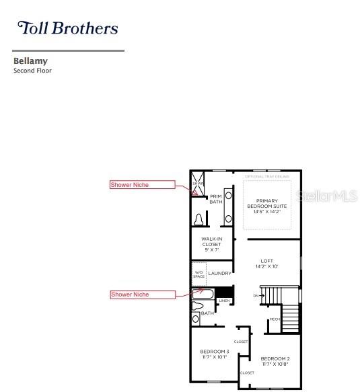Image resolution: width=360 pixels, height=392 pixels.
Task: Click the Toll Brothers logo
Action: coord(67,28)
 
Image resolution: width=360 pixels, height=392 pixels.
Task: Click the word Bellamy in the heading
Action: coord(30,61)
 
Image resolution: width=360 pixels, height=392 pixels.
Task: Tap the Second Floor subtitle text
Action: coord(32,71)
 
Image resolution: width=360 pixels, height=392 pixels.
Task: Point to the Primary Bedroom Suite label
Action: coord(267,206)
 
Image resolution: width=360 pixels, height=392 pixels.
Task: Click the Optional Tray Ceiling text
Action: coord(267,177)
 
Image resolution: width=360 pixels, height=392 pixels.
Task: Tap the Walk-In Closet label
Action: coord(211,243)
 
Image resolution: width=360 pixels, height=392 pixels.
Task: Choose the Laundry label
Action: coord(220,274)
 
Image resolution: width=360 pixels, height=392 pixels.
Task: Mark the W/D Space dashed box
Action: coord(199,274)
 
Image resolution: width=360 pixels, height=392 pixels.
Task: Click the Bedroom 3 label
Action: coord(215,354)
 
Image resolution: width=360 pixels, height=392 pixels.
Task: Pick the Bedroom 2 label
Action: coord(275,361)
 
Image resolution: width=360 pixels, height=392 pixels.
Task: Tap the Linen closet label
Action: coord(224,301)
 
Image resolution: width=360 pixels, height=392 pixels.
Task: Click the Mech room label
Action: coord(274,319)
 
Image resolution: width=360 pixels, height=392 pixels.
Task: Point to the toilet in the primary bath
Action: coord(199,219)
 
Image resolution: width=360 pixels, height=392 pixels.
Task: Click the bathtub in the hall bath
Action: coord(203,294)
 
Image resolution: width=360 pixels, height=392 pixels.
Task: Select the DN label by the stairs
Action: coord(256,296)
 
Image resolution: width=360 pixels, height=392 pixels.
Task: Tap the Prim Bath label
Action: coord(216,199)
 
